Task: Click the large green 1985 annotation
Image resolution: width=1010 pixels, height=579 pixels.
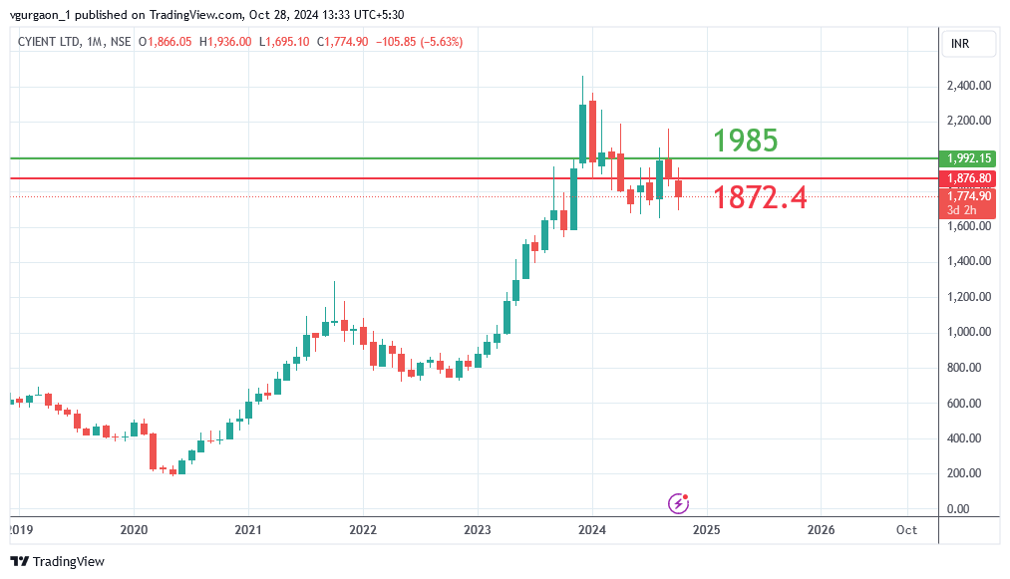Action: coord(745,141)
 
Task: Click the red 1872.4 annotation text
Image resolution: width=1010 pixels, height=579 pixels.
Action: coord(760,197)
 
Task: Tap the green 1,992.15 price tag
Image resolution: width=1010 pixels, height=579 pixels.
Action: coord(968,158)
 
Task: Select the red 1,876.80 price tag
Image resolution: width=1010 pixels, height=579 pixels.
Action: coord(968,178)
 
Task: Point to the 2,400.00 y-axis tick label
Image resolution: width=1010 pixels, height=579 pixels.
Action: coord(968,86)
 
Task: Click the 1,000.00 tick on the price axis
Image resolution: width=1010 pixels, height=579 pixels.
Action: coord(968,332)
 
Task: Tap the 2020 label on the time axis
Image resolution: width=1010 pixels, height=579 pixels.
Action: coord(134,530)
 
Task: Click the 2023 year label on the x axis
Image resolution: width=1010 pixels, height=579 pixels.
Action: coord(478,530)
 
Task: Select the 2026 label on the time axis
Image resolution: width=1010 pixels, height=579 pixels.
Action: coord(821,530)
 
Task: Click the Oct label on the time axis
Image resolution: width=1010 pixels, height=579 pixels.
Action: coord(905,530)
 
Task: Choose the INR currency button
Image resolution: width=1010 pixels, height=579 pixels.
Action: coord(961,44)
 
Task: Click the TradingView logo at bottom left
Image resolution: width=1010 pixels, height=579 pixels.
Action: coord(58,562)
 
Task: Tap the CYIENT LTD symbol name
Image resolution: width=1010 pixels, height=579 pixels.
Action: coord(50,41)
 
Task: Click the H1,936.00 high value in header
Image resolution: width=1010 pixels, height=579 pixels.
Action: coord(226,41)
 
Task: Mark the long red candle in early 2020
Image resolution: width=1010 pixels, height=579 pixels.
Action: coord(153,451)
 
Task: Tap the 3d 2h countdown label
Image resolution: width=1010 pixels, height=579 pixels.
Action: coord(963,210)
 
